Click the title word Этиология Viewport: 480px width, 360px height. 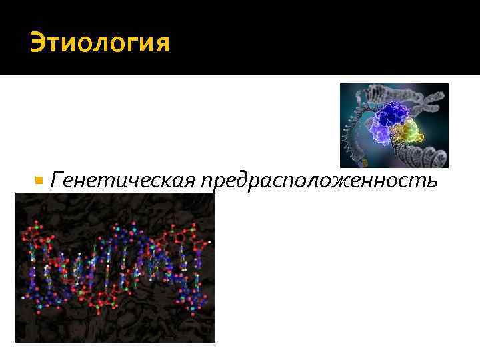(x=100, y=45)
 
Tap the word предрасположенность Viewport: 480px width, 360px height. (x=325, y=181)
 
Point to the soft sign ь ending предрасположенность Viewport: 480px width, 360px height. (x=431, y=181)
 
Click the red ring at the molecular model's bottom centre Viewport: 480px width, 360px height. (x=111, y=294)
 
